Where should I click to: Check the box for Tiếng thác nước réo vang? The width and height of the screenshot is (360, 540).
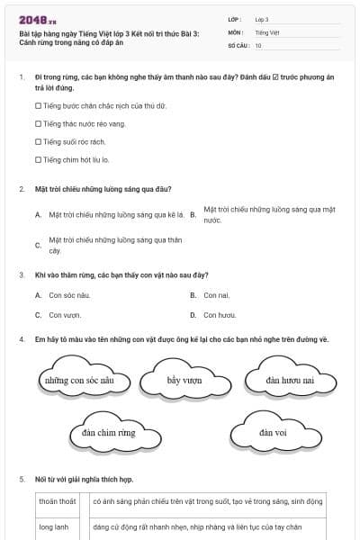38,123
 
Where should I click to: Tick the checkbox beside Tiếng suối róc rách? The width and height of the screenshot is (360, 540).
38,141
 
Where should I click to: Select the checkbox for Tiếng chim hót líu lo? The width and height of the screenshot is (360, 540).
38,159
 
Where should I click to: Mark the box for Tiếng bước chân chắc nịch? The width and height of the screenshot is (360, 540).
38,105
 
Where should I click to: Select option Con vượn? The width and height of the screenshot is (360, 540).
65,315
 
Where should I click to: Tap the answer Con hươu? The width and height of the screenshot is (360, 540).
220,315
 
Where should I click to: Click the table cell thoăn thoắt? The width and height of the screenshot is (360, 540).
58,501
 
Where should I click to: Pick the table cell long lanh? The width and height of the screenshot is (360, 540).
54,526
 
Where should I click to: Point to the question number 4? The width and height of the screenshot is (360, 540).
21,339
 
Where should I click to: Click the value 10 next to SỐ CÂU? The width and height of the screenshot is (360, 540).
258,45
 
